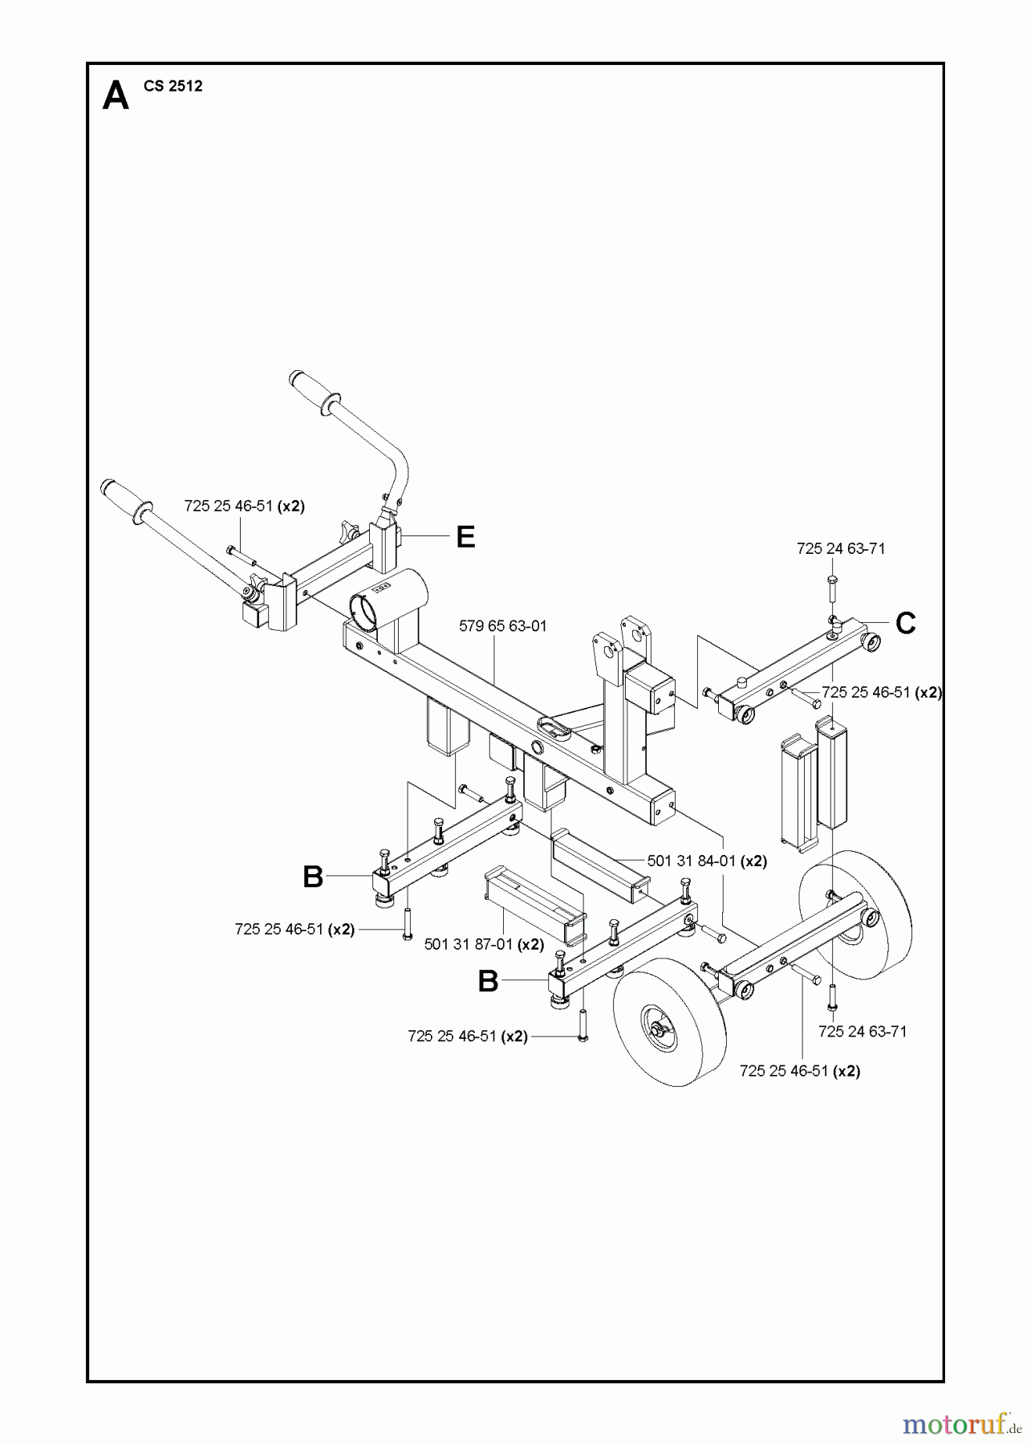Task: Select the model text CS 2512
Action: [x=173, y=86]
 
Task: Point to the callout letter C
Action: [x=905, y=623]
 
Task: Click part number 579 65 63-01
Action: [x=503, y=626]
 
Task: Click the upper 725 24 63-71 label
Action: [x=841, y=549]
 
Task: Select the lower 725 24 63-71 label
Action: [x=863, y=1032]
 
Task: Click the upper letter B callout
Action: [x=313, y=877]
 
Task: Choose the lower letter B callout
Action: [x=488, y=981]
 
